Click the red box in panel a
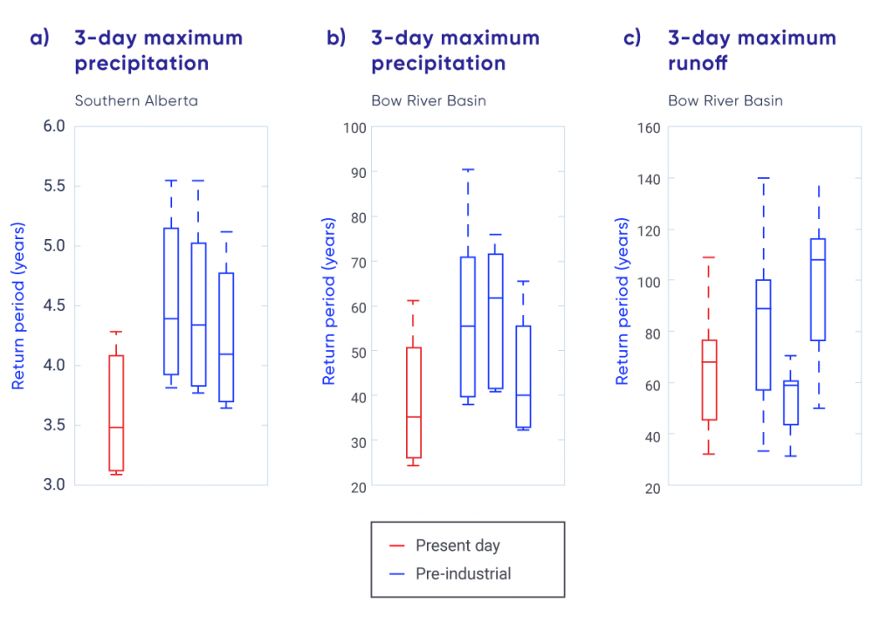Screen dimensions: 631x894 116,413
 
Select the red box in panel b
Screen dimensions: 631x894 414,402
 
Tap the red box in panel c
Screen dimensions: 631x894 709,380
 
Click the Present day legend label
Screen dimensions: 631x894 457,546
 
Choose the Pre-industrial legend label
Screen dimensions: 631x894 463,573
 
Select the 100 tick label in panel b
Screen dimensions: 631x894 354,127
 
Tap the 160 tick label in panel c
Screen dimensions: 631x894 648,127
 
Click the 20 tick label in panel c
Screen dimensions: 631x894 653,486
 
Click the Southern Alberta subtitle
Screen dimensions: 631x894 136,100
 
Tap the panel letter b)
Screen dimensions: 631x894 336,38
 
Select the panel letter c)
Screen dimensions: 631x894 632,38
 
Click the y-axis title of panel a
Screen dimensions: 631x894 17,305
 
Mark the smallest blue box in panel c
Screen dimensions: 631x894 791,402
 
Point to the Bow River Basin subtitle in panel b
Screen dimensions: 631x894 428,100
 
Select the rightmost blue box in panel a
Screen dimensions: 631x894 226,337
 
